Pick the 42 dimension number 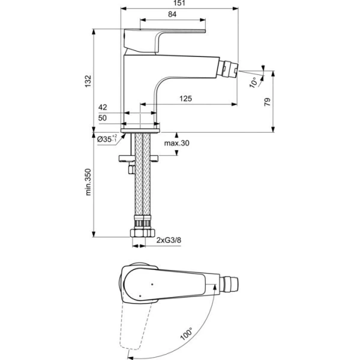coord(103,108)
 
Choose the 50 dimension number coord(103,118)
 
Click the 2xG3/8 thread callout coord(169,241)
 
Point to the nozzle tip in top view coord(236,281)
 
